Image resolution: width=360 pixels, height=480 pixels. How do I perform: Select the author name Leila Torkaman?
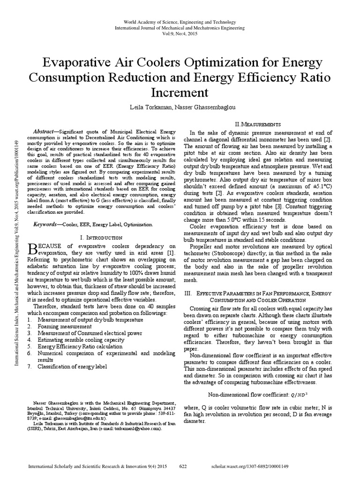pos(150,107)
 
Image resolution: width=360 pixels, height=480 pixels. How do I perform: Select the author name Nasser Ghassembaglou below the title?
pos(200,107)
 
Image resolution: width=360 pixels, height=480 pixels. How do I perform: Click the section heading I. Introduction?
pos(102,238)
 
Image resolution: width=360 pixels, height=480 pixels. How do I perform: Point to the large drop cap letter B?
pos(34,249)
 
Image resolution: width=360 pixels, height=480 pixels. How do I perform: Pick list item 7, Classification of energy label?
pos(72,366)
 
